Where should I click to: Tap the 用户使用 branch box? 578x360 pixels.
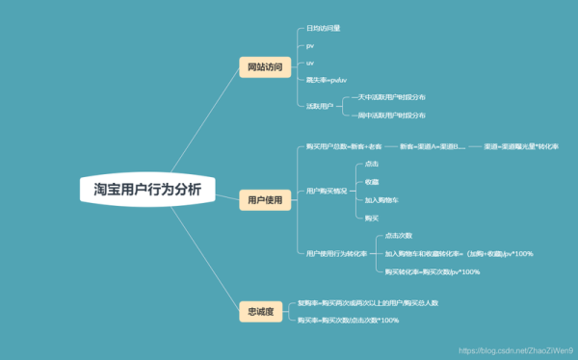pyautogui.click(x=265, y=200)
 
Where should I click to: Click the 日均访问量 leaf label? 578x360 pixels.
pyautogui.click(x=323, y=30)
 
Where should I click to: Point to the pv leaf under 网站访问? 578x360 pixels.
pyautogui.click(x=310, y=45)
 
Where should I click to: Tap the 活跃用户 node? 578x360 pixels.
pyautogui.click(x=320, y=106)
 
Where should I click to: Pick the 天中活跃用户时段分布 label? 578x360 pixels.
pyautogui.click(x=391, y=97)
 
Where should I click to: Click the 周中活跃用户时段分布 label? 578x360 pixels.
pyautogui.click(x=391, y=115)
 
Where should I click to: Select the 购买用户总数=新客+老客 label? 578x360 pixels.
pyautogui.click(x=343, y=146)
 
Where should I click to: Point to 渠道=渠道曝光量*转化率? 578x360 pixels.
pyautogui.click(x=521, y=146)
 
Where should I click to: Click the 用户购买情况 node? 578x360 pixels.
pyautogui.click(x=327, y=191)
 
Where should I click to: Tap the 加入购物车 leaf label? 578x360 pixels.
pyautogui.click(x=383, y=199)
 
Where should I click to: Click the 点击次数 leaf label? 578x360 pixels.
pyautogui.click(x=399, y=235)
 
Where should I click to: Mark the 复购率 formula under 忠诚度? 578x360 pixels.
pyautogui.click(x=367, y=302)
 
